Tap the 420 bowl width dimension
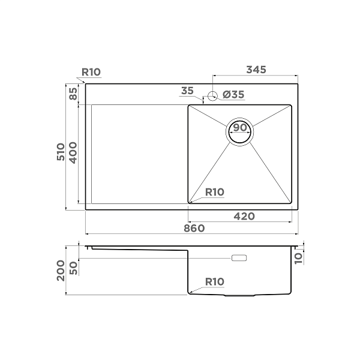click(x=244, y=216)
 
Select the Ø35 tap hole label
click(x=233, y=94)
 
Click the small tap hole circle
click(x=212, y=95)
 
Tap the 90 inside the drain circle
click(x=240, y=128)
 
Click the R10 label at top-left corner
click(x=91, y=72)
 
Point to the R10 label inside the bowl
click(x=214, y=192)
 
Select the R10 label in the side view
click(x=214, y=281)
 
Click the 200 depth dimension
click(x=61, y=274)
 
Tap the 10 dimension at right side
click(x=300, y=257)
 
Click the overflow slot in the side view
click(x=239, y=258)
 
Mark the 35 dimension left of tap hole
click(x=187, y=91)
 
